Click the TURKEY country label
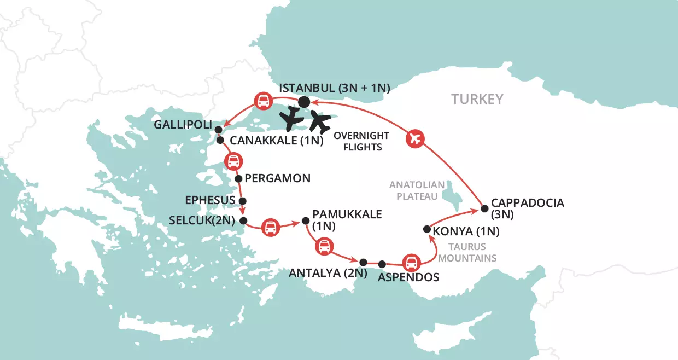(x=477, y=99)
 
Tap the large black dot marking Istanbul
(x=305, y=102)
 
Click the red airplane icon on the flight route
(x=415, y=139)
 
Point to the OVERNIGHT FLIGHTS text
(x=361, y=141)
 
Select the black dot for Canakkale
(x=220, y=141)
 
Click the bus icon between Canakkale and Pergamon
(x=233, y=162)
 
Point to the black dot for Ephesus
(x=243, y=201)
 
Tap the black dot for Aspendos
(x=382, y=264)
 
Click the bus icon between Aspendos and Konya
(x=411, y=263)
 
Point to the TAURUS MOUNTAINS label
(x=471, y=252)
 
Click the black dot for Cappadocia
(x=484, y=208)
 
